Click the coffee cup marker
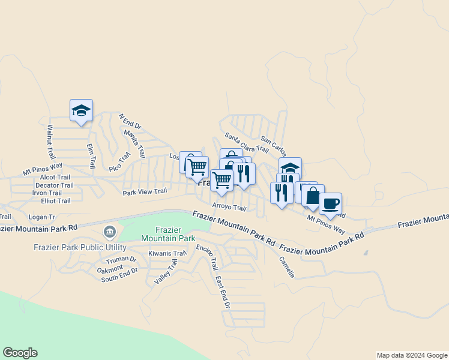(x=330, y=204)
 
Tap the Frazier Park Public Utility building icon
(x=109, y=231)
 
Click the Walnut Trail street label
(x=50, y=142)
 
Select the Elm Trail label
(x=91, y=157)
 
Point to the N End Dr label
(x=129, y=122)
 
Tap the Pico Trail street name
(x=119, y=161)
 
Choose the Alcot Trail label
(x=55, y=178)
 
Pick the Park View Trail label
(x=145, y=192)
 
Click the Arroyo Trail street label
(x=229, y=208)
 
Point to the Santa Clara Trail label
(x=246, y=143)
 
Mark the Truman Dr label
(x=121, y=261)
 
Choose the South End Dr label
(x=119, y=275)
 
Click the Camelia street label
(x=286, y=267)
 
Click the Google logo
(x=20, y=353)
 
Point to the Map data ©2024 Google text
(x=411, y=355)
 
